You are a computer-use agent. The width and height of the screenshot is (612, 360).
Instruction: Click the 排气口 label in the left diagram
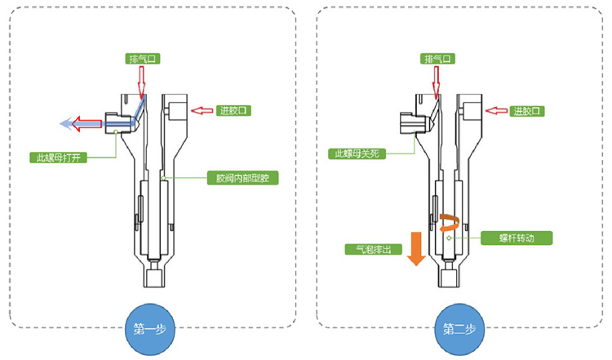(x=140, y=59)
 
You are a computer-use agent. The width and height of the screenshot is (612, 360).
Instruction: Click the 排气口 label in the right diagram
(x=437, y=59)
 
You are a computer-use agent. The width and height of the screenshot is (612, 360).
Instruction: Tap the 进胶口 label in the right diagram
(x=527, y=110)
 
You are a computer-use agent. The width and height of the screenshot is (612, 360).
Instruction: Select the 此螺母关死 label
(x=357, y=153)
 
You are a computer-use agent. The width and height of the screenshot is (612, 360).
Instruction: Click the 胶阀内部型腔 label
(x=241, y=177)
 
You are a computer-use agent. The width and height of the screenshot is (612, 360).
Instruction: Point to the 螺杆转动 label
(x=527, y=238)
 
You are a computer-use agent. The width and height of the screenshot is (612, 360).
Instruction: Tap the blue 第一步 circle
(x=149, y=329)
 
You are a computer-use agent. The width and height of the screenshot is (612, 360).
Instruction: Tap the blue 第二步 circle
(x=459, y=329)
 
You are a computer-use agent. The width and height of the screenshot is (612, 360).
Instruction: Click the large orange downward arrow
(x=415, y=248)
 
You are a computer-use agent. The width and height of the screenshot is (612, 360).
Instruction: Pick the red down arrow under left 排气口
(x=140, y=80)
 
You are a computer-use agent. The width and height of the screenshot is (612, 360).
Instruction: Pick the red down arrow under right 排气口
(x=437, y=80)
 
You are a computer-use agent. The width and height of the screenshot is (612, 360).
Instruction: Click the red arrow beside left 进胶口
(x=201, y=110)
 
